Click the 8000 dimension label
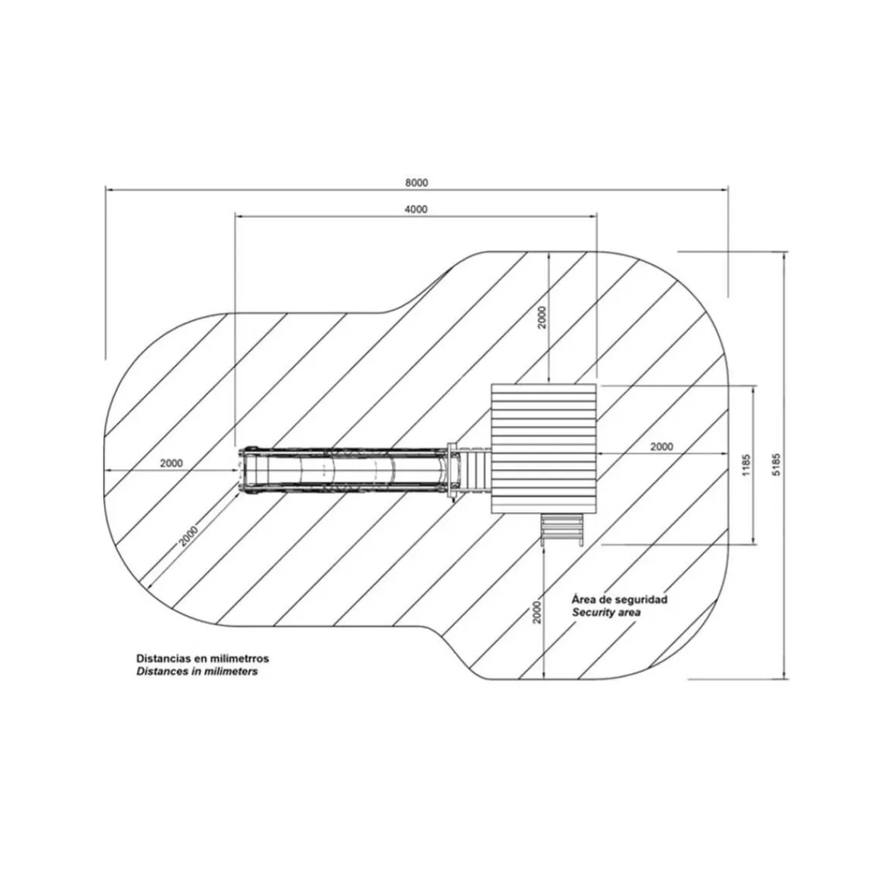tap(416, 183)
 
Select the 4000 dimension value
tap(416, 209)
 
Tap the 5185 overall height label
tap(777, 465)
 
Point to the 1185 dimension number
tap(746, 465)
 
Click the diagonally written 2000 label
tap(188, 536)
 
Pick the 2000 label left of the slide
tap(171, 463)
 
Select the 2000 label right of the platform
tap(661, 446)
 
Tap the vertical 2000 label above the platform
tap(541, 318)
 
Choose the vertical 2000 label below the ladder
tap(537, 612)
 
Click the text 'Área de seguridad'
tap(620, 599)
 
